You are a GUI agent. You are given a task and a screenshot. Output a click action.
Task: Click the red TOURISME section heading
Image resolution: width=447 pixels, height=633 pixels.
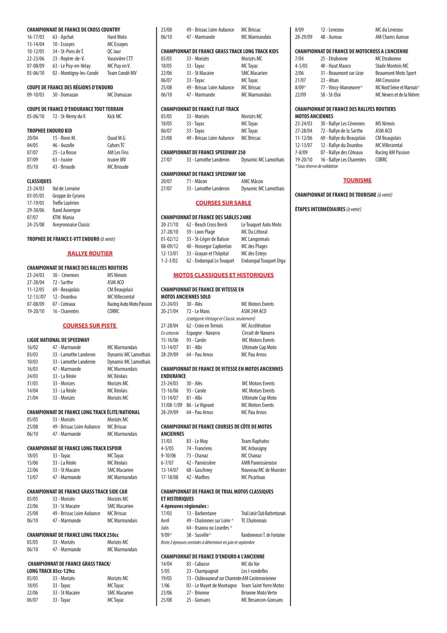tap(357, 181)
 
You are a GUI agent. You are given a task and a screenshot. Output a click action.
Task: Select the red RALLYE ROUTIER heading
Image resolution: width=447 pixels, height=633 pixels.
tap(90, 253)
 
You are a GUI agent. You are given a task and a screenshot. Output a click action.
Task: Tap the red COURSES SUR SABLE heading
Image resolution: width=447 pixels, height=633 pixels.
tap(223, 203)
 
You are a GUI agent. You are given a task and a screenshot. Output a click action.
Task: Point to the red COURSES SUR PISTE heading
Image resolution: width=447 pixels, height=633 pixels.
tap(90, 326)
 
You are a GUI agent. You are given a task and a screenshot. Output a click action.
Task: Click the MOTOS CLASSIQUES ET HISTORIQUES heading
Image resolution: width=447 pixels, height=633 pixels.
tap(223, 275)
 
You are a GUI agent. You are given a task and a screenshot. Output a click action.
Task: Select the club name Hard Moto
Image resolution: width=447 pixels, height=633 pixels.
tap(117, 37)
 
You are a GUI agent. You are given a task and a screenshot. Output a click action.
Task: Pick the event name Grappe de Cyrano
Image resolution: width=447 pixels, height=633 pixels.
tap(69, 196)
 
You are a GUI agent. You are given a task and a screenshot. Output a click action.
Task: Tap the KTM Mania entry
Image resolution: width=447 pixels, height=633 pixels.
tap(63, 217)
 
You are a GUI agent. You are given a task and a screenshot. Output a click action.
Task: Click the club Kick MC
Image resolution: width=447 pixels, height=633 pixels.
tap(114, 116)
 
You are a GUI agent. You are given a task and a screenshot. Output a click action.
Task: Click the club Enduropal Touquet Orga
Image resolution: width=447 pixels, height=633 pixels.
tap(263, 261)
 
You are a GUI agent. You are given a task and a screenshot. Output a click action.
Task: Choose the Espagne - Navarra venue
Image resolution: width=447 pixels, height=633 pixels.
tap(203, 333)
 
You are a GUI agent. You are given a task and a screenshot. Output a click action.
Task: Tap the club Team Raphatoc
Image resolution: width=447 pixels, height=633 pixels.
tap(255, 441)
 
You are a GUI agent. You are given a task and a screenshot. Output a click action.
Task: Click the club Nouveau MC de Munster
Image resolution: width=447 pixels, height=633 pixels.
tap(264, 470)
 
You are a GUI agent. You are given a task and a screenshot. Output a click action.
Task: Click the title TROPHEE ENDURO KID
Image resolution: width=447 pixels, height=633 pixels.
tap(49, 131)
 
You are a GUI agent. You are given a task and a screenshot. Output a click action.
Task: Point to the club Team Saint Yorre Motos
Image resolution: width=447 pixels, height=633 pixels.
tap(263, 586)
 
